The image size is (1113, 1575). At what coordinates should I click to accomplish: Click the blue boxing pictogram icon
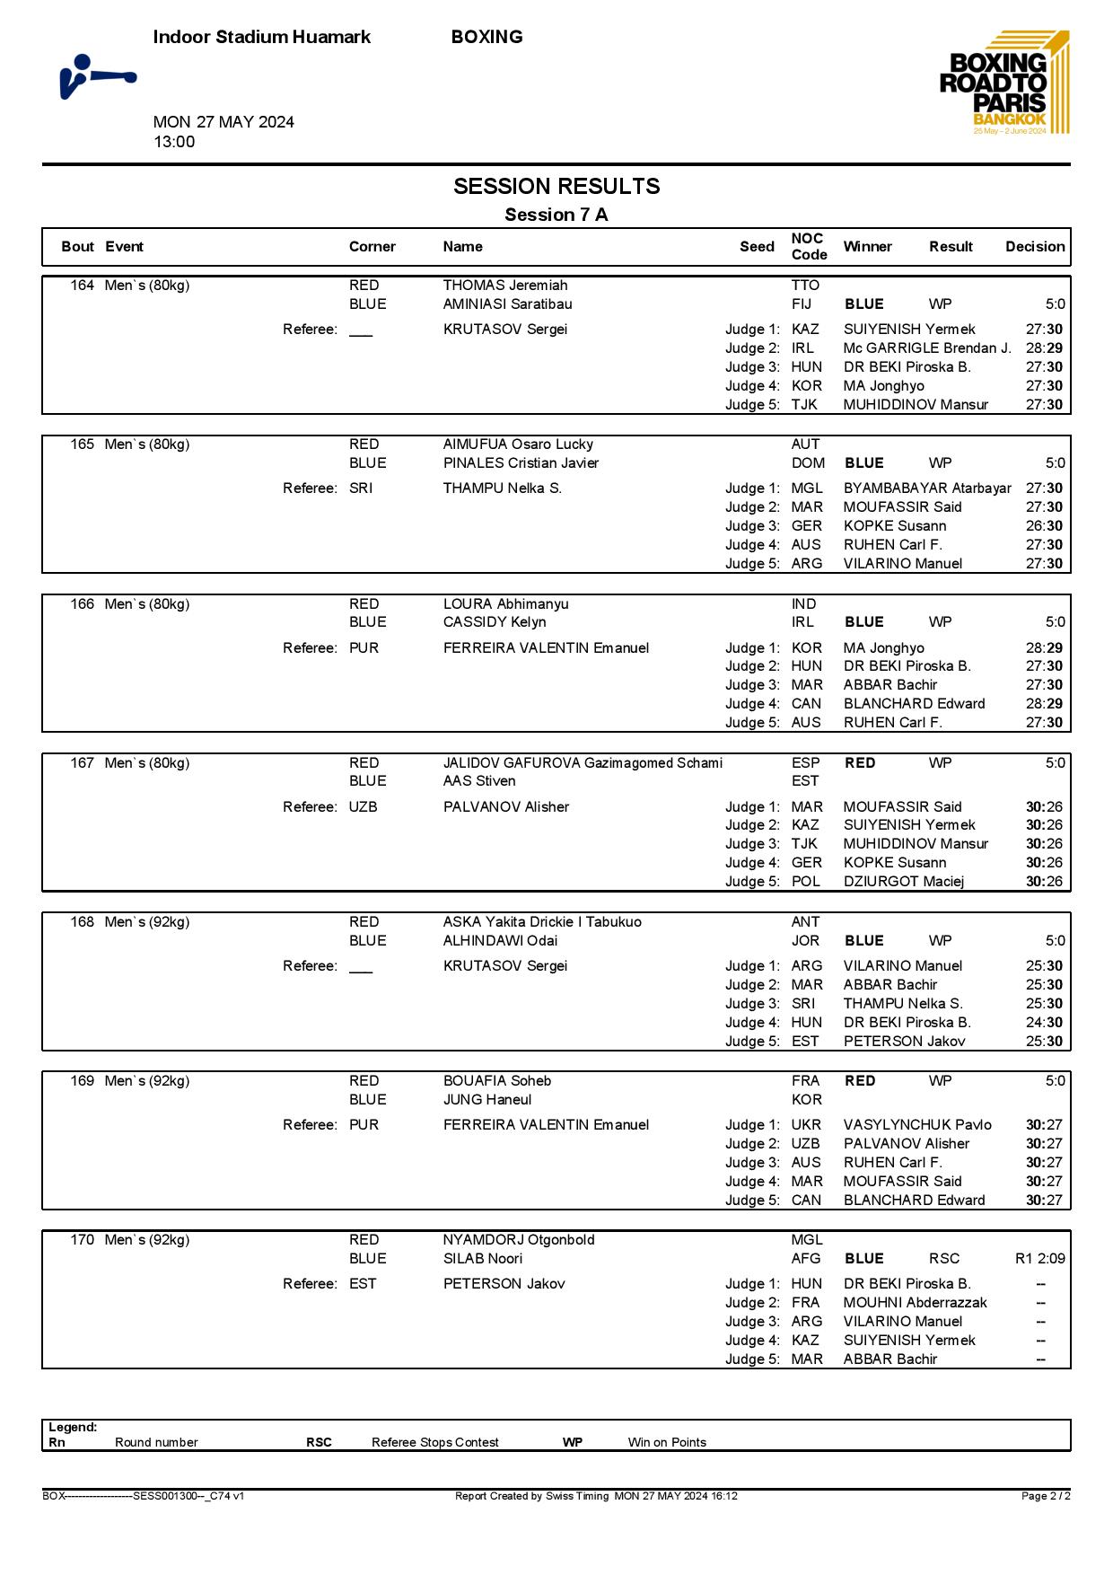pyautogui.click(x=97, y=77)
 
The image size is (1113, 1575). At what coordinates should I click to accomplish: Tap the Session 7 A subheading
pyautogui.click(x=556, y=215)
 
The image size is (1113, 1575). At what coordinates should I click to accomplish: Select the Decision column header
pyautogui.click(x=1034, y=247)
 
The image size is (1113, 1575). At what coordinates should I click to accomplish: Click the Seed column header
pyautogui.click(x=757, y=247)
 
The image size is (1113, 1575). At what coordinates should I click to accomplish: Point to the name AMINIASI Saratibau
pyautogui.click(x=507, y=304)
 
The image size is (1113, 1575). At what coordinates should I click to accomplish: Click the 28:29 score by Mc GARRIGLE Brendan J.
pyautogui.click(x=1044, y=348)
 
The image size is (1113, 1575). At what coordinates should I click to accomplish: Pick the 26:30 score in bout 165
pyautogui.click(x=1044, y=526)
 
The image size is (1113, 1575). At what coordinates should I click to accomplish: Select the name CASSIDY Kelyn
pyautogui.click(x=495, y=622)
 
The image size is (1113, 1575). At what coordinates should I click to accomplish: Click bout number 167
pyautogui.click(x=82, y=763)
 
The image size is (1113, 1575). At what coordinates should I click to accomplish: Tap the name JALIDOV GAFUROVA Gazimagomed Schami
pyautogui.click(x=583, y=763)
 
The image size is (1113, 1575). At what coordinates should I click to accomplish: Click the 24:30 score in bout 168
pyautogui.click(x=1044, y=1023)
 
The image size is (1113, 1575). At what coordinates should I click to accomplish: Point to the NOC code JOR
pyautogui.click(x=805, y=941)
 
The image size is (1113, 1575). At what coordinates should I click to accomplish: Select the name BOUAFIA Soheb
pyautogui.click(x=497, y=1081)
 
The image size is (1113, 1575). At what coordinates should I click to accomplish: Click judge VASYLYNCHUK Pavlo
pyautogui.click(x=917, y=1125)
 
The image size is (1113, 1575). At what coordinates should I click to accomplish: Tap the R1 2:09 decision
pyautogui.click(x=1039, y=1259)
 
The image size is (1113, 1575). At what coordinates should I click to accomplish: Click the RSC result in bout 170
pyautogui.click(x=944, y=1259)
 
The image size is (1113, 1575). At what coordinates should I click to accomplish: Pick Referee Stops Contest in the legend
pyautogui.click(x=434, y=1443)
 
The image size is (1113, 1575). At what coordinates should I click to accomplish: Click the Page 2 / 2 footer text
pyautogui.click(x=1046, y=1496)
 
